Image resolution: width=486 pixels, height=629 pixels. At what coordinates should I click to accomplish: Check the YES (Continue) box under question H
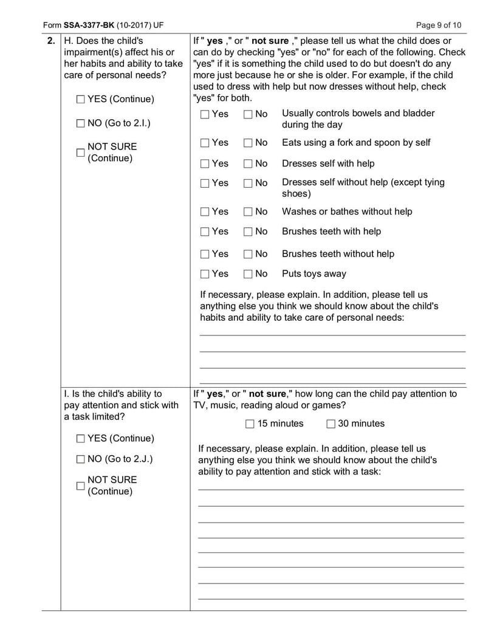pos(81,99)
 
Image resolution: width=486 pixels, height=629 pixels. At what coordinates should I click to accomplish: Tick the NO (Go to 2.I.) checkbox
pos(81,123)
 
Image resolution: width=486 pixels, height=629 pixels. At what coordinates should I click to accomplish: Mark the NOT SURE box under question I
pos(80,486)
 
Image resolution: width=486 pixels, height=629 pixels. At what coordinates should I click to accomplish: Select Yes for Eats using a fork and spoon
pos(205,143)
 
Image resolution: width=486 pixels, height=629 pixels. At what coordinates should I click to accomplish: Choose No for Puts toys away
pos(248,274)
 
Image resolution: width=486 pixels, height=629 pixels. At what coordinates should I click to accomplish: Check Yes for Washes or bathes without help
pos(205,212)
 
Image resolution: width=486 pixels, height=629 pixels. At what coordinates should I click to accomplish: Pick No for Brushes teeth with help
pos(248,232)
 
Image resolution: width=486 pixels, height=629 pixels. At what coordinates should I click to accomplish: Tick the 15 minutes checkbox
pos(250,424)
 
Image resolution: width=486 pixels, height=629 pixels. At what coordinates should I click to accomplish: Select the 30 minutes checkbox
pos(330,424)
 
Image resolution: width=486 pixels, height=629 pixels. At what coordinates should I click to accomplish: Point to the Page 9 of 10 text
pos(439,25)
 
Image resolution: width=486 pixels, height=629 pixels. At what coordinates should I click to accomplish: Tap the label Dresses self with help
pos(327,163)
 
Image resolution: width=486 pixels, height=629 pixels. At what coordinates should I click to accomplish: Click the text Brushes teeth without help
pos(337,254)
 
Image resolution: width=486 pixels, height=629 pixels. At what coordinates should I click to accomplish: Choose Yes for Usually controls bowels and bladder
pos(205,114)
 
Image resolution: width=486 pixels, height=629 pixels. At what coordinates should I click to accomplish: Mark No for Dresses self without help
pos(248,183)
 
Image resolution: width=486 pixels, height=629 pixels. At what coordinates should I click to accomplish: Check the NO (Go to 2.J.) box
pos(81,459)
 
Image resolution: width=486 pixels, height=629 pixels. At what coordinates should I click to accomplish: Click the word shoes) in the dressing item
pos(296,194)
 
